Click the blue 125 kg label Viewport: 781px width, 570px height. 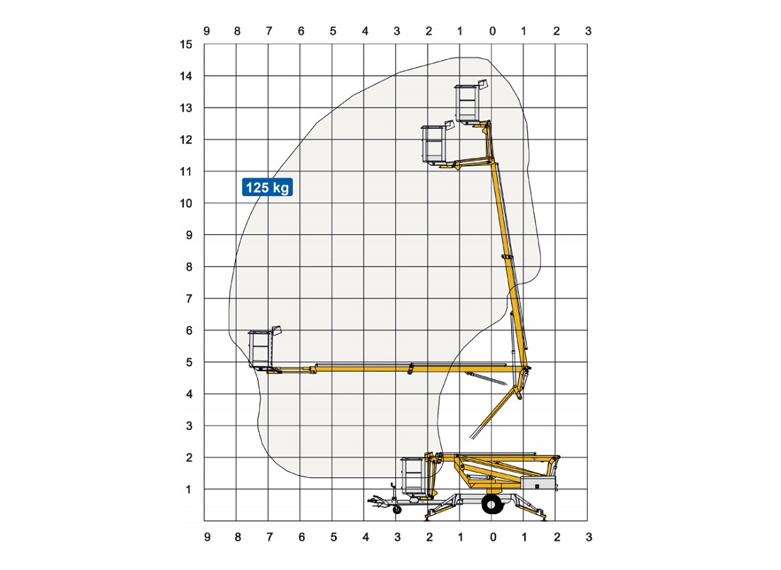[268, 188]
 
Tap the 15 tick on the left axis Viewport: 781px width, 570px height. [186, 45]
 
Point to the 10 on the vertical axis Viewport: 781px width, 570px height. [186, 203]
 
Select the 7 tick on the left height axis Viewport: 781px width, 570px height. [189, 299]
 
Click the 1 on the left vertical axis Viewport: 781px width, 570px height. [188, 490]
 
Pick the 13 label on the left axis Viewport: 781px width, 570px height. [186, 108]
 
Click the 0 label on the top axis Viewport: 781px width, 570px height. [493, 31]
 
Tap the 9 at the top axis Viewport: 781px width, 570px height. [207, 31]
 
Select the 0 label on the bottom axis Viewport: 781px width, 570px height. [493, 537]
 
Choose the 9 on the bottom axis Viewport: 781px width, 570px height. [207, 537]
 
